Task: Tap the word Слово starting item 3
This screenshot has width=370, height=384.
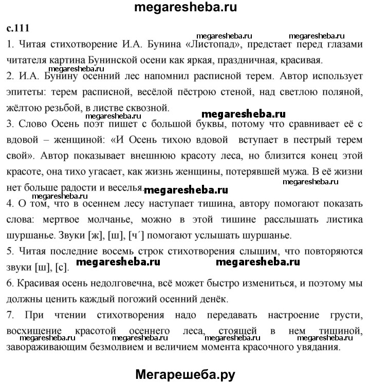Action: (x=32, y=124)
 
